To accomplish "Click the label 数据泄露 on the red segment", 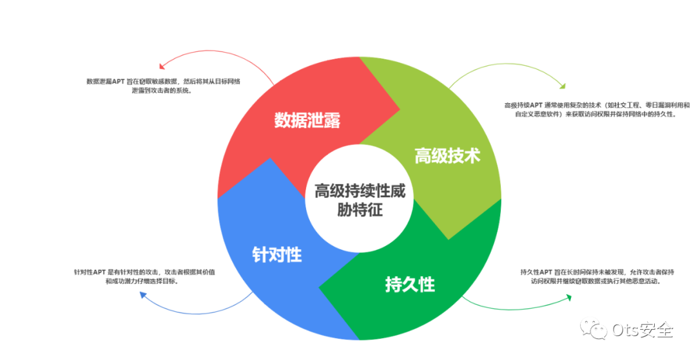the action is click(x=307, y=120).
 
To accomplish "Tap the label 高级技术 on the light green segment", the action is click(x=447, y=155).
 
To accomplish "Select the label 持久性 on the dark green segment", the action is click(x=410, y=284).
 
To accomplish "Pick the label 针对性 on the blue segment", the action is click(x=276, y=254).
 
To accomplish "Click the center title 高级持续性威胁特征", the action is click(x=360, y=200).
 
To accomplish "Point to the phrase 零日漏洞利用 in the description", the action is click(x=655, y=104).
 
